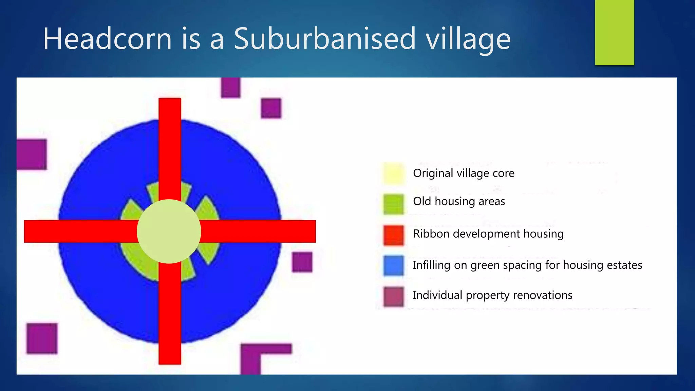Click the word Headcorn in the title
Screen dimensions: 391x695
(108, 39)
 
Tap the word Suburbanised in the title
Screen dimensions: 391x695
(325, 39)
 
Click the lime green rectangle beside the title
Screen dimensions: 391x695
(614, 33)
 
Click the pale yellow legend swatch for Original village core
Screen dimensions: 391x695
(394, 173)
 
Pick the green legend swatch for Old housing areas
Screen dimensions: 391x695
(394, 204)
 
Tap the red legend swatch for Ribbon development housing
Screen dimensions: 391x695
(394, 235)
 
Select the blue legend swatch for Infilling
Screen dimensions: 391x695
(394, 265)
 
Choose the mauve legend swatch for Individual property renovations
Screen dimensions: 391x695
(394, 296)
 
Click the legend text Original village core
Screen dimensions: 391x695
(464, 173)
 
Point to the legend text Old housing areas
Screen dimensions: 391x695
(459, 202)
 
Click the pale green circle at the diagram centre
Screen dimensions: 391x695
(169, 231)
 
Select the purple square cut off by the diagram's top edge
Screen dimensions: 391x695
(230, 87)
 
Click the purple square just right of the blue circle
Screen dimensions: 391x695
(302, 262)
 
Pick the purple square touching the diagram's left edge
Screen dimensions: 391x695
(32, 154)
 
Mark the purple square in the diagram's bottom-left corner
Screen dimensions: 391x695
(42, 338)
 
